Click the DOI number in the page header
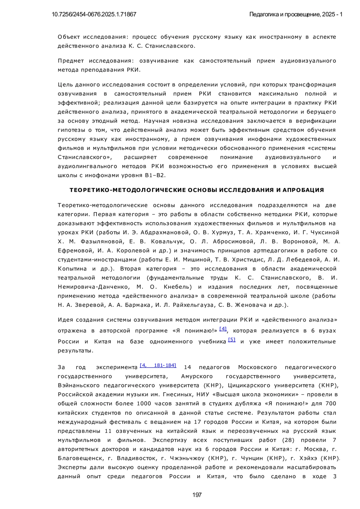94,14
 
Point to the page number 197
197,495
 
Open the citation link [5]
232,340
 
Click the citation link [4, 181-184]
158,365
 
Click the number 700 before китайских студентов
330,403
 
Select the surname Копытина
72,269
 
